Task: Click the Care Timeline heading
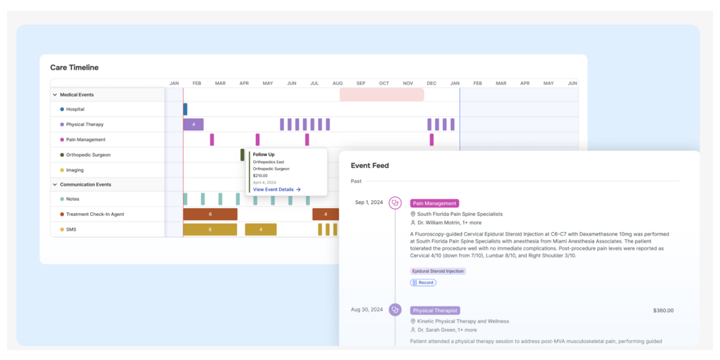[x=74, y=67]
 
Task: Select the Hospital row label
[x=75, y=109]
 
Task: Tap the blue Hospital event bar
[x=186, y=109]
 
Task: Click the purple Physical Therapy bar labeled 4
[x=193, y=124]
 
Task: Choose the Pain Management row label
[x=85, y=139]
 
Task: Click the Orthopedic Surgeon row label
[x=88, y=155]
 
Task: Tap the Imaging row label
[x=75, y=169]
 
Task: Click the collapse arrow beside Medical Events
[x=55, y=94]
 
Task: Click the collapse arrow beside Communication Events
[x=55, y=184]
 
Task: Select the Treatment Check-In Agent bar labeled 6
[x=210, y=214]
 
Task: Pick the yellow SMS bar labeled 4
[x=261, y=229]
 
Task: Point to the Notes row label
[x=72, y=199]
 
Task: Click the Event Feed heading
[x=370, y=165]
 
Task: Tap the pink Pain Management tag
[x=435, y=203]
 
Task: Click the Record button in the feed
[x=423, y=283]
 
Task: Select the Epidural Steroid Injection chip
[x=437, y=271]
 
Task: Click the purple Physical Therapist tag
[x=435, y=310]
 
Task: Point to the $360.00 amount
[x=663, y=310]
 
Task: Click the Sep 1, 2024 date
[x=369, y=202]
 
